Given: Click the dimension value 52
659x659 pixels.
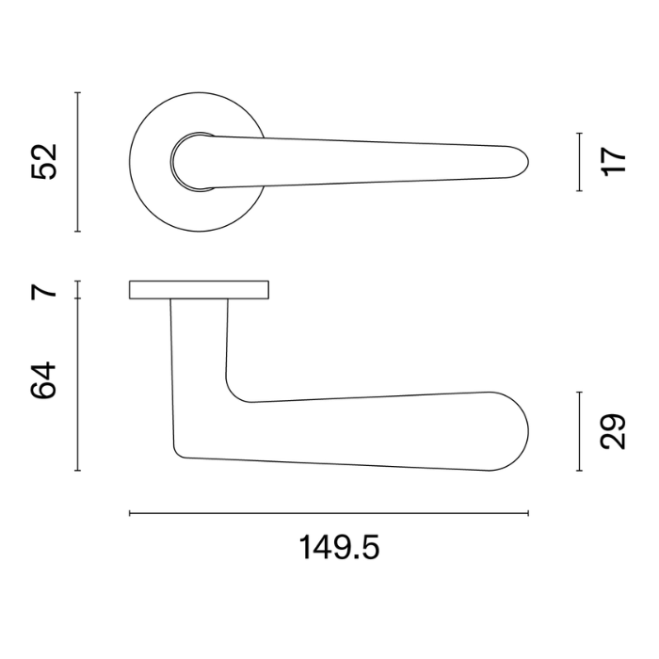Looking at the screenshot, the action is click(x=44, y=162).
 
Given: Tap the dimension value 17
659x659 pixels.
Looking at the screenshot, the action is click(x=613, y=161).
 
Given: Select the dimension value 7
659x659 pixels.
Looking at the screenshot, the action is click(x=43, y=291).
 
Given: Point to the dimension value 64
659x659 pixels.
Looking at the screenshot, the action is click(x=43, y=380).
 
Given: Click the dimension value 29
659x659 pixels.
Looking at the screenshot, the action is click(x=613, y=431).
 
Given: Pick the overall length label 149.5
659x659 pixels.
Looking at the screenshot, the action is click(x=339, y=547).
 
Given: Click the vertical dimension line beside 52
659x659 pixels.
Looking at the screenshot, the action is click(x=78, y=162).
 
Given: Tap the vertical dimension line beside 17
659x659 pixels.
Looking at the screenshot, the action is click(x=580, y=162).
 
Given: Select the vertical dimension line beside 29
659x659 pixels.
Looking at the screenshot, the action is click(x=580, y=431).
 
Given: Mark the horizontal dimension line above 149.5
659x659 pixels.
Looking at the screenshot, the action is click(x=329, y=513).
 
